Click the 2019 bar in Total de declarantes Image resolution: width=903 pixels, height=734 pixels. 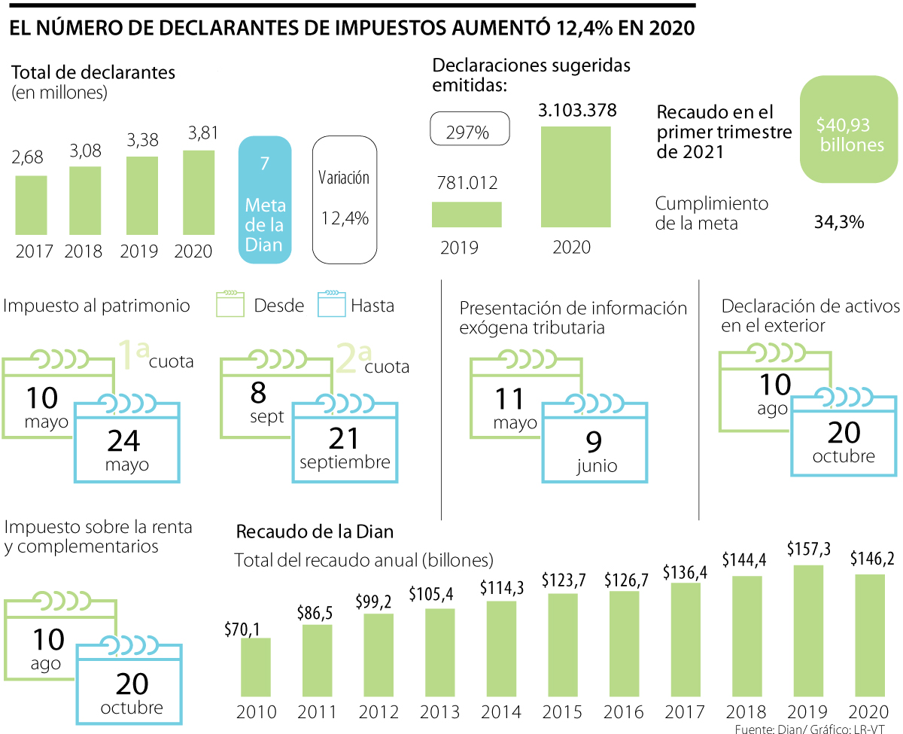coord(142,195)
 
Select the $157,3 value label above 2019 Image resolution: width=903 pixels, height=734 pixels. coord(809,549)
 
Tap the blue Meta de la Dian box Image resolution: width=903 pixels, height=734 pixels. coord(265,200)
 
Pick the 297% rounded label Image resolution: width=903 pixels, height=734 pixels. coord(470,130)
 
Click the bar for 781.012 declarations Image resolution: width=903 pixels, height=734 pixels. coord(467,214)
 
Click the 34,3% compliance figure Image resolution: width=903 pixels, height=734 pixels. coord(838,222)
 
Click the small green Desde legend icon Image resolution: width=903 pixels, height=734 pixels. coord(230,304)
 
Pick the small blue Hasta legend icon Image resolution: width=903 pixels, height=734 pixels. coord(330,304)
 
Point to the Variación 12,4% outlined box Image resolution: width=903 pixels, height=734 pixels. coord(344,200)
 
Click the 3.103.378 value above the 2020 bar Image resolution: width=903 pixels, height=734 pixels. coord(577,111)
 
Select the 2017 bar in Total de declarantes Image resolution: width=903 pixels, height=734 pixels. coord(32,205)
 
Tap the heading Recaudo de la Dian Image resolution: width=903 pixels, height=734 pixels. coord(315,531)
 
